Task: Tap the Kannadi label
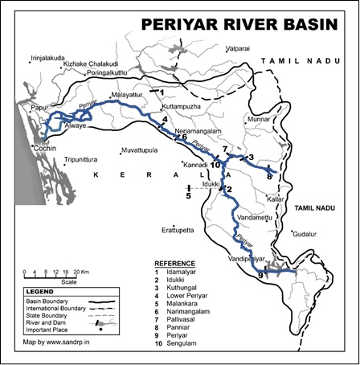[196, 164]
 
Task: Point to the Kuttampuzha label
[182, 106]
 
